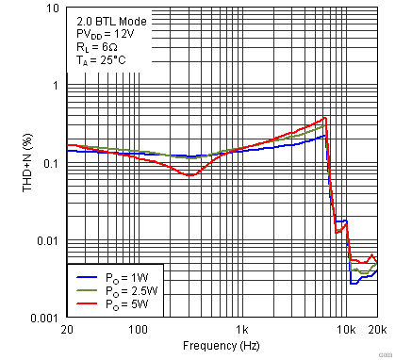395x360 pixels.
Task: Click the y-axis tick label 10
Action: [x=54, y=8]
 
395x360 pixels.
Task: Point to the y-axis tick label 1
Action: [x=57, y=86]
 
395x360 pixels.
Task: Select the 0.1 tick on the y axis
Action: [x=53, y=163]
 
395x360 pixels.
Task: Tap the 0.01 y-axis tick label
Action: [x=50, y=241]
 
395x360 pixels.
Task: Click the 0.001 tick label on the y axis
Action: [x=47, y=319]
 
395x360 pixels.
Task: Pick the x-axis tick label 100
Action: [x=139, y=330]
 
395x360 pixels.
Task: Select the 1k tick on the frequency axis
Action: [x=243, y=330]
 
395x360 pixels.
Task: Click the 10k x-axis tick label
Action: [x=346, y=330]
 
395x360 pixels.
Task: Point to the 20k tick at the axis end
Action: [x=376, y=330]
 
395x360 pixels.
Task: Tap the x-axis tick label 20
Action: [x=66, y=330]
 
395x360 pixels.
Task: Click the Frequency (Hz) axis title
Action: [x=222, y=347]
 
